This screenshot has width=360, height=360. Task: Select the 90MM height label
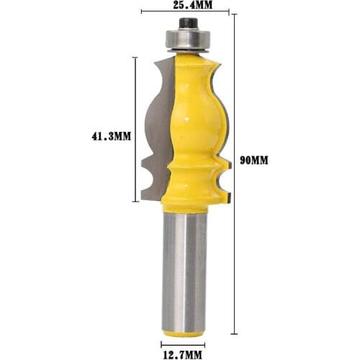point(254,161)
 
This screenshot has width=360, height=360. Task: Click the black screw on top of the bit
point(185,24)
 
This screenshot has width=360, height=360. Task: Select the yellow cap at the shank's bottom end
point(184,332)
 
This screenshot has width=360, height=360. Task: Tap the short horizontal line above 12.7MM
point(184,343)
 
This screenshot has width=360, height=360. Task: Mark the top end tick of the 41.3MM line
point(135,57)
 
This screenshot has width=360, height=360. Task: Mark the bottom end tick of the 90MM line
point(234,334)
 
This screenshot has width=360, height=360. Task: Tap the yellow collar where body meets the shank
point(184,205)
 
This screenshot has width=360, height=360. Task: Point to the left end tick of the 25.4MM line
point(141,13)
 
